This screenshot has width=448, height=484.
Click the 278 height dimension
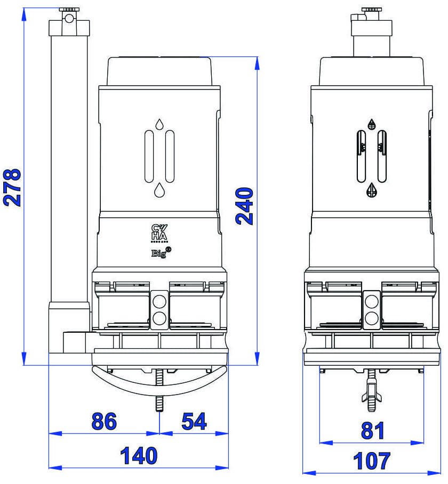coord(12,187)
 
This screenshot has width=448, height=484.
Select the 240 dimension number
coord(245,206)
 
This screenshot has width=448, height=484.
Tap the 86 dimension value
coord(103,421)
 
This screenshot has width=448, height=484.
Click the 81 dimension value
coord(372,430)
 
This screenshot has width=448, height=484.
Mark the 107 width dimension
coord(372,461)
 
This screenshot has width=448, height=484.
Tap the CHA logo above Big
coord(159,233)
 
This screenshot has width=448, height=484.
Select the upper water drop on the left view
coord(159,125)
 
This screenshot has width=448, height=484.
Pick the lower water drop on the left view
coord(159,190)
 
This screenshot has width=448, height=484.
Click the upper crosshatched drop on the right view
coord(372,124)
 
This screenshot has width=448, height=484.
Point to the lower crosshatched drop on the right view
coord(372,190)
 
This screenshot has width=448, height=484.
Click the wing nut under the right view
coord(372,395)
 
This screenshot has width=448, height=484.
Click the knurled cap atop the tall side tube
coord(69,10)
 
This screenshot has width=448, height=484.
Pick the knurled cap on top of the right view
coord(371,10)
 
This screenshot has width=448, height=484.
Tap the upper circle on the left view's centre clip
coord(159,301)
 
